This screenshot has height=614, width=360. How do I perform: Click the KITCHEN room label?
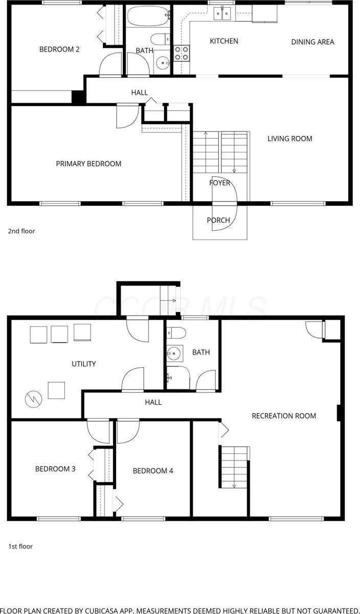pyautogui.click(x=224, y=41)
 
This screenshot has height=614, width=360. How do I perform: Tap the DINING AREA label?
pyautogui.click(x=312, y=42)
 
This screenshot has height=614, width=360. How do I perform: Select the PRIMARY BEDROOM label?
pyautogui.click(x=88, y=164)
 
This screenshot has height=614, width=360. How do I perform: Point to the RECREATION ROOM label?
pyautogui.click(x=284, y=416)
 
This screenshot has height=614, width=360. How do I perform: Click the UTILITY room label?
pyautogui.click(x=83, y=364)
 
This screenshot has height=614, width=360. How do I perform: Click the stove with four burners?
pyautogui.click(x=182, y=53)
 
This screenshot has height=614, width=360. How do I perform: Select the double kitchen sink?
pyautogui.click(x=222, y=13)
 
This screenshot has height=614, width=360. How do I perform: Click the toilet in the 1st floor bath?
pyautogui.click(x=175, y=333)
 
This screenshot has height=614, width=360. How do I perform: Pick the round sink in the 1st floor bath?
pyautogui.click(x=174, y=353)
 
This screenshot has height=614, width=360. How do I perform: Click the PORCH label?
pyautogui.click(x=218, y=221)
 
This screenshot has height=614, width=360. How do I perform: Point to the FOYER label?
pyautogui.click(x=219, y=183)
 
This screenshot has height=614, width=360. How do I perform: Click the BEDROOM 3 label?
pyautogui.click(x=55, y=469)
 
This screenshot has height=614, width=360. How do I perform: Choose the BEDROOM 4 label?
pyautogui.click(x=153, y=471)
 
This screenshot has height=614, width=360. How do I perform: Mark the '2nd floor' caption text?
pyautogui.click(x=21, y=231)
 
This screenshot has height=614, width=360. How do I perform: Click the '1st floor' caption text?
pyautogui.click(x=20, y=546)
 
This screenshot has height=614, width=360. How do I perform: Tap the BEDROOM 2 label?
pyautogui.click(x=59, y=50)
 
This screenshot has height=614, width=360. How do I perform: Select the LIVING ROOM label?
pyautogui.click(x=289, y=139)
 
